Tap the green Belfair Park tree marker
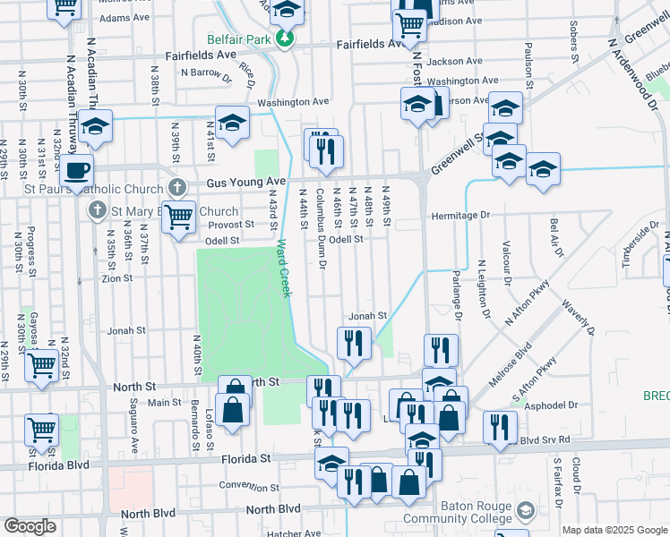point(285,38)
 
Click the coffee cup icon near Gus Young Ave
point(78,169)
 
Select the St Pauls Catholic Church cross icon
point(177,189)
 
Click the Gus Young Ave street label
point(245,182)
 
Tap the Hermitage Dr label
point(460,216)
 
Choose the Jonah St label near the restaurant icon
point(367,315)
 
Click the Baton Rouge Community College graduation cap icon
point(528,511)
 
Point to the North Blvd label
point(149,513)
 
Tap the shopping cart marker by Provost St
point(179,217)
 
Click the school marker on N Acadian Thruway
point(95,128)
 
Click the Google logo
point(30,526)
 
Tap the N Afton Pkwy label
point(529,311)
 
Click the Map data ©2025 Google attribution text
point(614,530)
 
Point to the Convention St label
point(250,488)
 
